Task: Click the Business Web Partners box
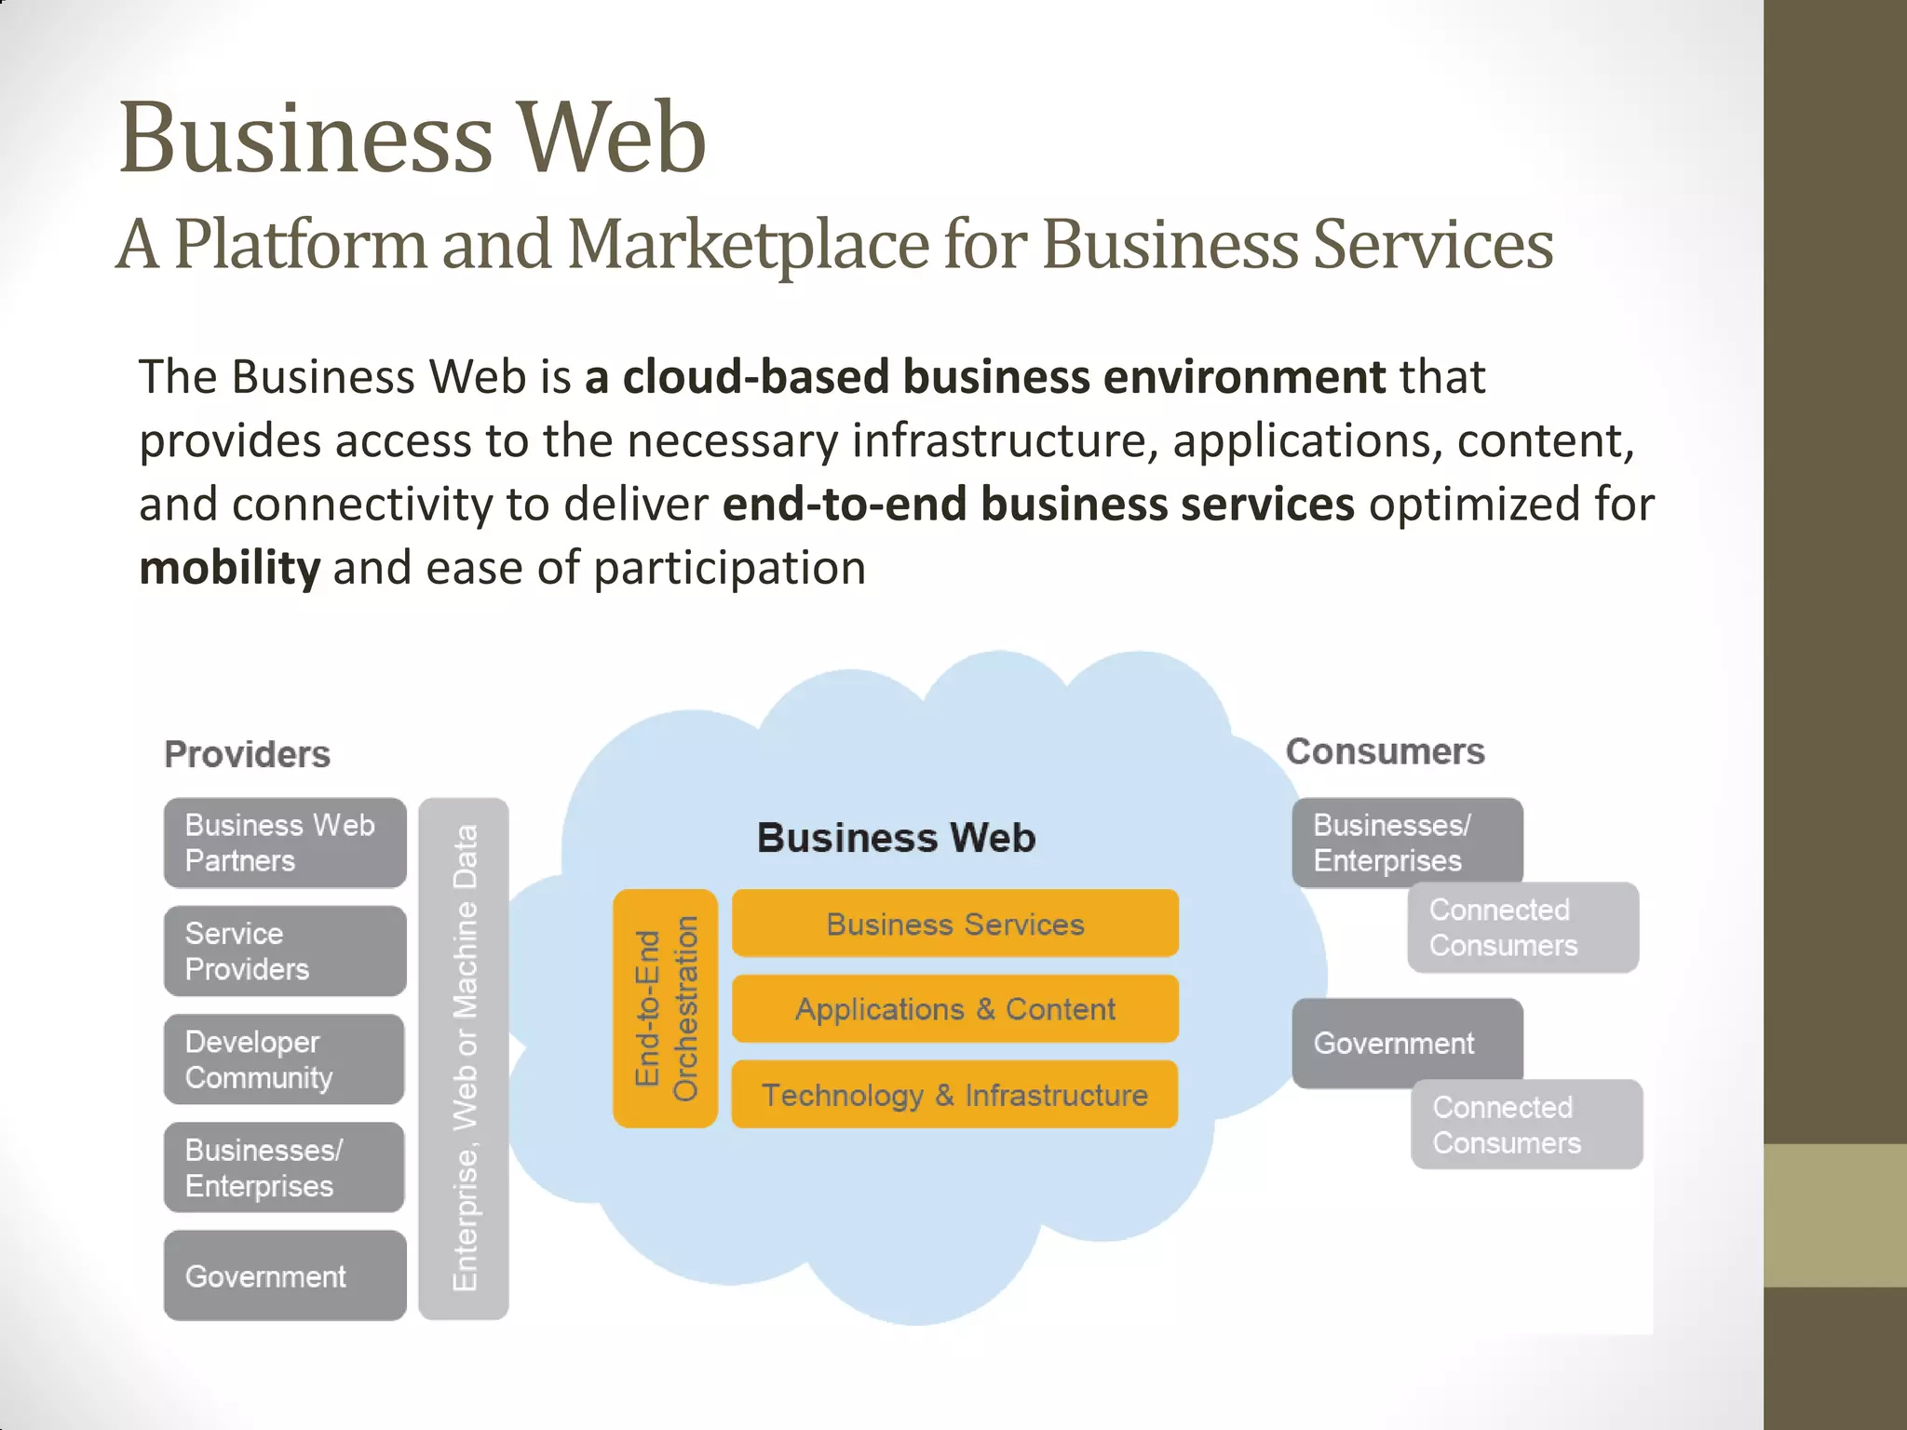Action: pos(285,843)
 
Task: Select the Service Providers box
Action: pos(285,951)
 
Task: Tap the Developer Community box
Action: pos(284,1059)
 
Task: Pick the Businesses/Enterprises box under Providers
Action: pos(284,1167)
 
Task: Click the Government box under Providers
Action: pos(285,1275)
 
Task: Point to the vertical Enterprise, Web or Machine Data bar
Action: pos(464,1059)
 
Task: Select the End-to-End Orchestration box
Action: pos(665,1008)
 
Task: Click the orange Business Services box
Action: pos(955,924)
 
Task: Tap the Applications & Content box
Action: pos(955,1009)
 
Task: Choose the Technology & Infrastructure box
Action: pos(955,1095)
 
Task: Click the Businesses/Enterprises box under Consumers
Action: pos(1407,842)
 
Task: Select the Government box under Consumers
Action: pos(1407,1043)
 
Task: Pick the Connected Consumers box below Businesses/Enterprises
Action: pos(1523,927)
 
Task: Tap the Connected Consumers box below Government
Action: pos(1527,1125)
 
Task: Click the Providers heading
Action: pos(247,754)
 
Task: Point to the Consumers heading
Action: pos(1385,751)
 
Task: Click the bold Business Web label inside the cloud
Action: pos(896,838)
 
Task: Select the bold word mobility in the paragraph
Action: pos(229,568)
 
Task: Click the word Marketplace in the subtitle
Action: pos(748,244)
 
